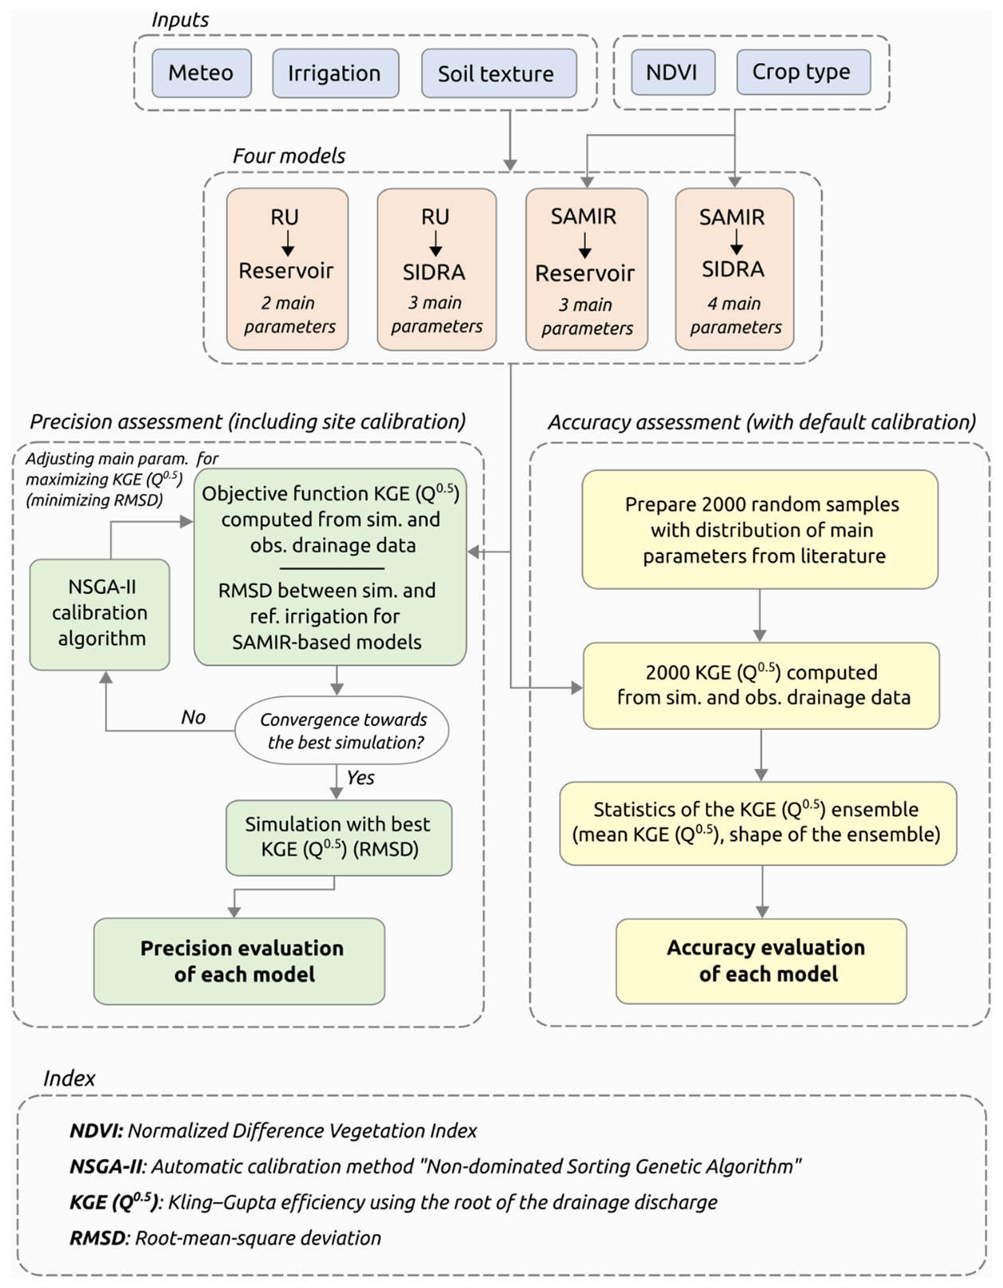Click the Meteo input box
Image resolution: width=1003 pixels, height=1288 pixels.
(201, 73)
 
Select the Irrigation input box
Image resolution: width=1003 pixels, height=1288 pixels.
(335, 73)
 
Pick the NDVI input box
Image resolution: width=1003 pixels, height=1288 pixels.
(671, 73)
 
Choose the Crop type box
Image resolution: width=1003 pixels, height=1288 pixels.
(802, 72)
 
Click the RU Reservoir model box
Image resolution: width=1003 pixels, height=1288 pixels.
(287, 269)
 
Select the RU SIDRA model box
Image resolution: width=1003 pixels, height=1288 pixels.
(436, 269)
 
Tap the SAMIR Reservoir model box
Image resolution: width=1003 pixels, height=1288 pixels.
(586, 269)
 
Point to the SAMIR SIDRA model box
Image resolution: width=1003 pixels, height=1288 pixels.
(734, 269)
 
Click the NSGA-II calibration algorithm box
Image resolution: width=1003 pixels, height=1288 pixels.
(100, 614)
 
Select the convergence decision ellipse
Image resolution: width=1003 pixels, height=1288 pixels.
(342, 730)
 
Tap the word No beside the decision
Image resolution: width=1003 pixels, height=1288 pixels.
(193, 717)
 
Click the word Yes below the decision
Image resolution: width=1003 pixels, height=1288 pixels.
(360, 778)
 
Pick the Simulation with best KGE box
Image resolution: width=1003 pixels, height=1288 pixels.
(338, 837)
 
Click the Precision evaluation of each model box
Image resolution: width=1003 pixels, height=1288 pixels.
(239, 960)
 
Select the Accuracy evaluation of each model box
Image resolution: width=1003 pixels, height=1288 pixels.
(761, 960)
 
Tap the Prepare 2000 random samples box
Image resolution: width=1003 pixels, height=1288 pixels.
(760, 529)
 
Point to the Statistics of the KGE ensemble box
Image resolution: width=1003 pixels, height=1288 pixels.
(757, 823)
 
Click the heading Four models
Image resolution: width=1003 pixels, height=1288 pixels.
(289, 156)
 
